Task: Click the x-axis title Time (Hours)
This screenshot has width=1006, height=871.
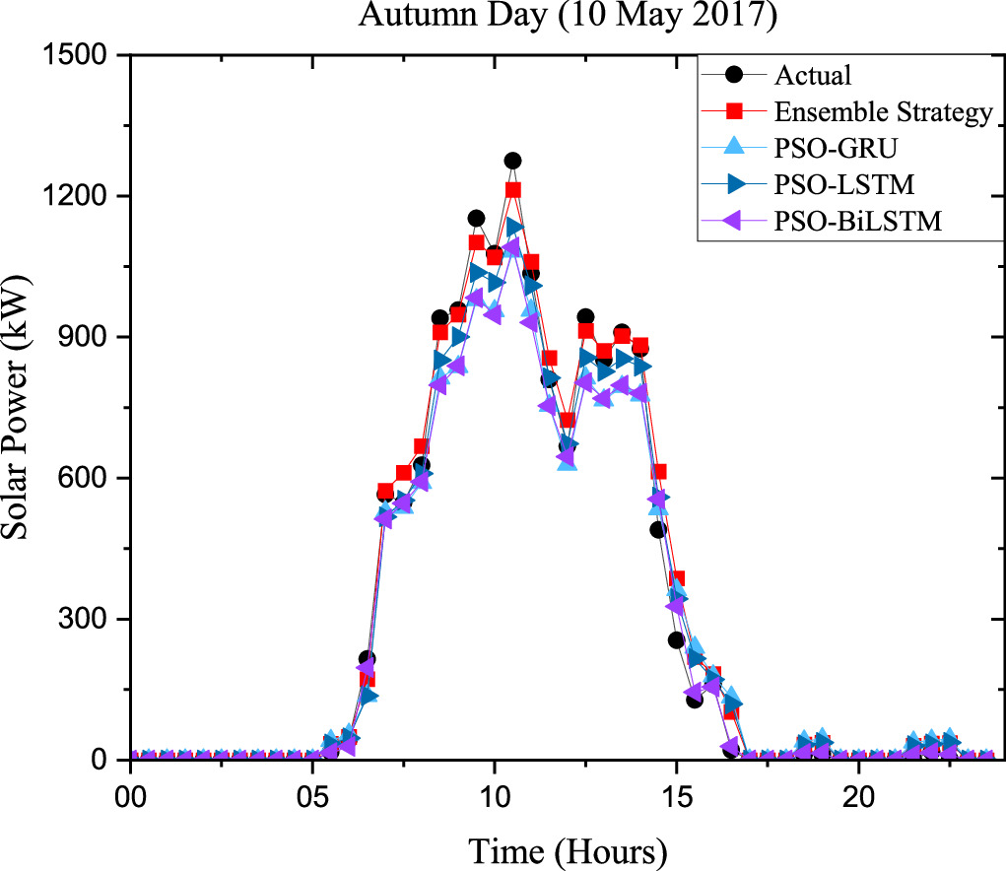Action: tap(568, 849)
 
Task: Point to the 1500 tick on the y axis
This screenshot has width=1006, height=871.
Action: tap(83, 55)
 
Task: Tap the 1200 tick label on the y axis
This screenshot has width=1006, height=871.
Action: tap(83, 196)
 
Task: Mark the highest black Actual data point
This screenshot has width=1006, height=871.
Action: tap(512, 161)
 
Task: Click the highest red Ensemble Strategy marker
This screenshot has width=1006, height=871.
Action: tap(512, 190)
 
